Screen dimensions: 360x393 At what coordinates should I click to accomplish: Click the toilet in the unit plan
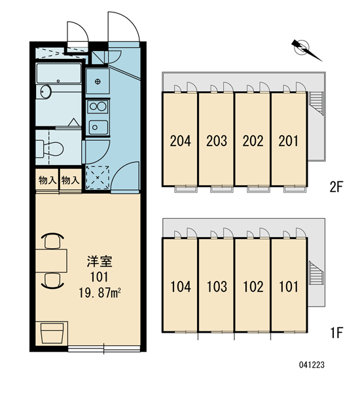[x=50, y=149]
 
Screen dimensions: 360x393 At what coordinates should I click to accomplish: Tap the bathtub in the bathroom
[x=59, y=73]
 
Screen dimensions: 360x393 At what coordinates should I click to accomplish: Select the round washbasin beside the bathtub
[x=46, y=92]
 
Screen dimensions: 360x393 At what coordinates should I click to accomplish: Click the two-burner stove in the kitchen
[x=98, y=107]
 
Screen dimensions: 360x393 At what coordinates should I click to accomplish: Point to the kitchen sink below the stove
[x=98, y=127]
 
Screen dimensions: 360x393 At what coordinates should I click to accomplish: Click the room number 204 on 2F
[x=181, y=141]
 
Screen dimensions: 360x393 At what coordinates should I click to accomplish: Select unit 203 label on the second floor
[x=217, y=141]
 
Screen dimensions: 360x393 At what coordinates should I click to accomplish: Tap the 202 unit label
[x=253, y=141]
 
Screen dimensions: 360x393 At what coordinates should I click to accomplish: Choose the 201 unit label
[x=289, y=141]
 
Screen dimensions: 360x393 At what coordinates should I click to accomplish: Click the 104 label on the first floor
[x=181, y=287]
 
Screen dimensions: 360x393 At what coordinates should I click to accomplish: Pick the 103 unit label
[x=217, y=287]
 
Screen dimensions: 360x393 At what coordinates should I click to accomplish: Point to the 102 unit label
[x=253, y=287]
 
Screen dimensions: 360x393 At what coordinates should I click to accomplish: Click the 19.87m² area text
[x=100, y=293]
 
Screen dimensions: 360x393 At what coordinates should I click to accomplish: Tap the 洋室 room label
[x=99, y=261]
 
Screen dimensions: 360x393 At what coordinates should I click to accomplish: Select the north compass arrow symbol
[x=306, y=50]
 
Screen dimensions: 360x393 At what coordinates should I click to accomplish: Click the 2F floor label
[x=336, y=187]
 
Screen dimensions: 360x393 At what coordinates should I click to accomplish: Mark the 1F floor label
[x=336, y=333]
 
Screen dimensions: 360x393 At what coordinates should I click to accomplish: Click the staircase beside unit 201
[x=316, y=103]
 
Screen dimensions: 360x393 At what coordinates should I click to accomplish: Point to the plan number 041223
[x=312, y=365]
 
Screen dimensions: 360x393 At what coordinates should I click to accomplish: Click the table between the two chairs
[x=51, y=261]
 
